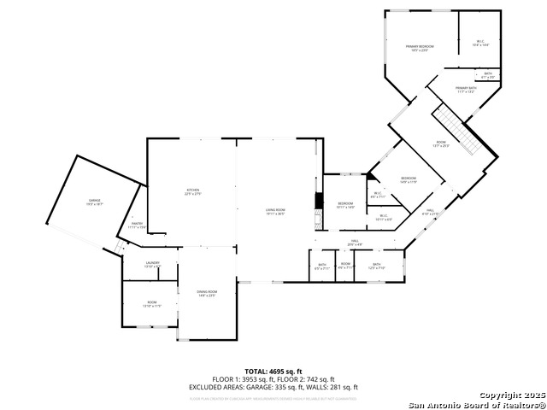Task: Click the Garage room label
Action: [94, 202]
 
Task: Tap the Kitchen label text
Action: [193, 191]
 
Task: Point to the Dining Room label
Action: [208, 293]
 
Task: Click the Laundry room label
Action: [152, 265]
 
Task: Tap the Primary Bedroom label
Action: [419, 48]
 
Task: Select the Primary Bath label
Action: [465, 90]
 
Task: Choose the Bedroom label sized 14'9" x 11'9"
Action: [409, 180]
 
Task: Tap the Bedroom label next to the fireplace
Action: [345, 205]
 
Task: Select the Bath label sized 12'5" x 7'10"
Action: [377, 266]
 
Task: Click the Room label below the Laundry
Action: [151, 304]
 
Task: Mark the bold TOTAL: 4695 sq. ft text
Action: [273, 372]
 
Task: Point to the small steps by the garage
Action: [120, 247]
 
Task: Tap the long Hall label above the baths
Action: [355, 243]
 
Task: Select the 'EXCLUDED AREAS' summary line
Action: [273, 387]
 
